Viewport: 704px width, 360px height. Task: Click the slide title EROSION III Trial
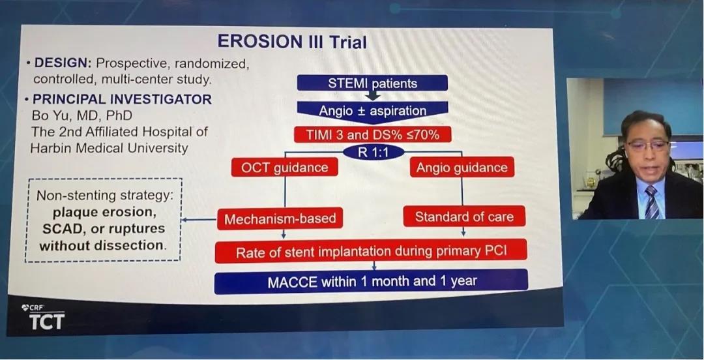click(x=292, y=42)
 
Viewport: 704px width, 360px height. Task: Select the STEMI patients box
click(x=372, y=83)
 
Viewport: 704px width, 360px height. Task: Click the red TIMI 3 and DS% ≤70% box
click(x=372, y=134)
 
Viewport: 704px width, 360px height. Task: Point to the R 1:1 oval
click(x=373, y=151)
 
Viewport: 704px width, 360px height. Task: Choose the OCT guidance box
click(x=284, y=168)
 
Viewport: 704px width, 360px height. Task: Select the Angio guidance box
click(x=462, y=167)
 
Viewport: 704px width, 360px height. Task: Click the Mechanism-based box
click(x=280, y=219)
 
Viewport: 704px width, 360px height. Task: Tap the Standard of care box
click(x=464, y=217)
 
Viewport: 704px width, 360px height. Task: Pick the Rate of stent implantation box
click(x=371, y=251)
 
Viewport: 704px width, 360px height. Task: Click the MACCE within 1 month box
click(x=372, y=282)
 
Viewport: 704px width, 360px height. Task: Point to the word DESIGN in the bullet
click(x=62, y=63)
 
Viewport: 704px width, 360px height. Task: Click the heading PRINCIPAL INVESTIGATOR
click(x=122, y=99)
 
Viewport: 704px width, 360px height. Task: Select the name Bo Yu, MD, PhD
click(x=81, y=115)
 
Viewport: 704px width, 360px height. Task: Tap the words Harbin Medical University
click(x=109, y=148)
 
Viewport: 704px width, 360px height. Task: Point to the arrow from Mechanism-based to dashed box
click(x=199, y=220)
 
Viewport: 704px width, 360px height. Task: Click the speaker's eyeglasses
click(x=648, y=145)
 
